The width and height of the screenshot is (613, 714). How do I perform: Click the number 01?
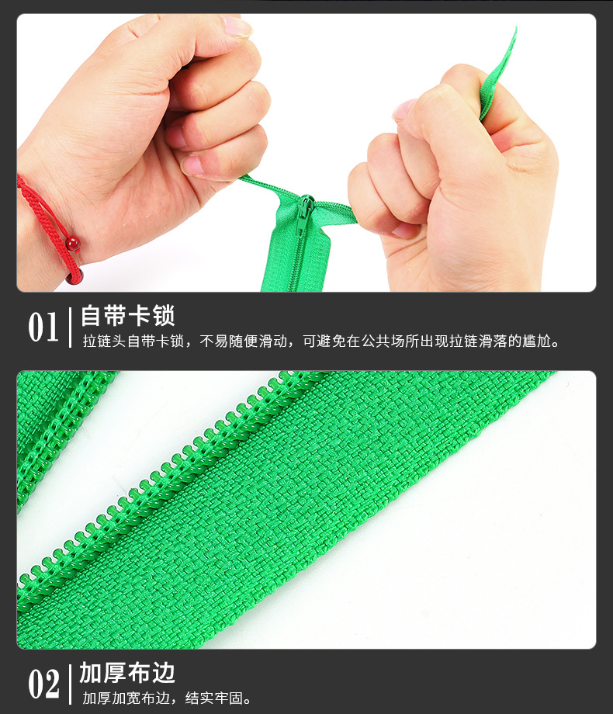click(x=43, y=328)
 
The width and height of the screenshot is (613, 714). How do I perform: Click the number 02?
click(x=43, y=685)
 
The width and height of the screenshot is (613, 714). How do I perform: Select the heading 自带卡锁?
click(x=128, y=316)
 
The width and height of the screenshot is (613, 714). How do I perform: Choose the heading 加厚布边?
click(x=128, y=673)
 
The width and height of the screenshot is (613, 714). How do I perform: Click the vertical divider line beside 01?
click(x=71, y=328)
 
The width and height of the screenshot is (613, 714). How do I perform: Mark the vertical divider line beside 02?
click(x=71, y=685)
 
